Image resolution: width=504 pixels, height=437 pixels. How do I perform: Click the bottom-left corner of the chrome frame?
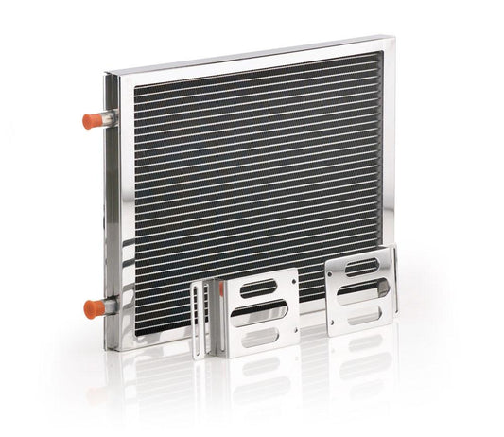click(117, 346)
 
